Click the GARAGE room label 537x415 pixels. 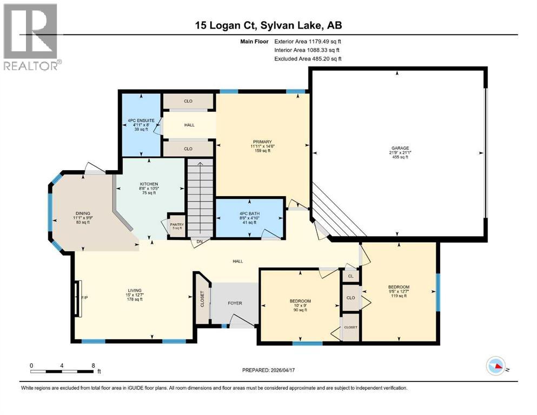point(400,148)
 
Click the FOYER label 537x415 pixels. point(234,303)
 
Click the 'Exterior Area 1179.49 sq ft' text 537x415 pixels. point(308,41)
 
